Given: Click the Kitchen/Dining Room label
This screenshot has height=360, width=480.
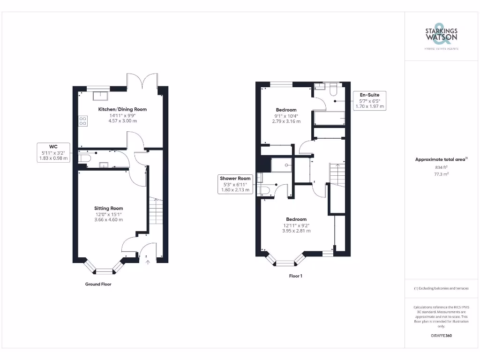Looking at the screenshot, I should point(122,109).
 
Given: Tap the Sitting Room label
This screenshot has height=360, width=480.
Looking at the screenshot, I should point(108,208).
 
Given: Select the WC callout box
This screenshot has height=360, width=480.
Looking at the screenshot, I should point(53,152).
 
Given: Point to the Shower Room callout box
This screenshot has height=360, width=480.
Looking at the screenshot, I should point(236,184).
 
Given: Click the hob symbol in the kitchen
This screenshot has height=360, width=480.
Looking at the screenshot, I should point(82,121).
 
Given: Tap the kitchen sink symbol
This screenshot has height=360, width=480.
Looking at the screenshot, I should point(100,96).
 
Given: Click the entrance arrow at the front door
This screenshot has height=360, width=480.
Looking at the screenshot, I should point(148,262).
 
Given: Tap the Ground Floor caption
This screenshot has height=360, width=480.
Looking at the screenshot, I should point(98,284).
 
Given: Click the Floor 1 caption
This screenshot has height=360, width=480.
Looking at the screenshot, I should point(296,276).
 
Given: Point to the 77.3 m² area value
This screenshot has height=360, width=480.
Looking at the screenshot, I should point(441,173).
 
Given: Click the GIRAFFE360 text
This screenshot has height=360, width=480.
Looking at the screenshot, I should point(441,336).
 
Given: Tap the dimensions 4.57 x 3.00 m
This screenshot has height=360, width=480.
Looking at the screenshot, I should point(122,121).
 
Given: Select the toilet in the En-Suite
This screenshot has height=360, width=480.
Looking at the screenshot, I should point(334,89).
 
